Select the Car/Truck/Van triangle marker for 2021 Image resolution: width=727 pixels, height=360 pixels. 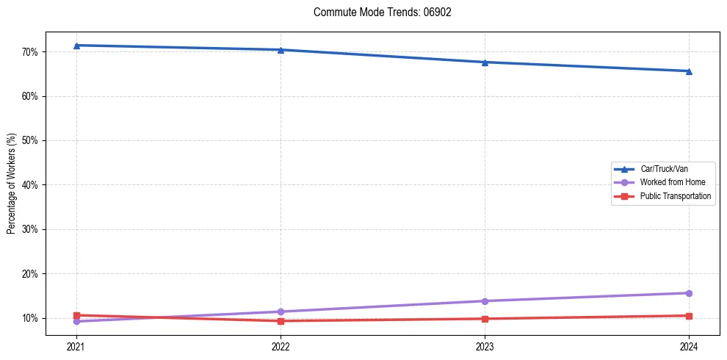(76, 46)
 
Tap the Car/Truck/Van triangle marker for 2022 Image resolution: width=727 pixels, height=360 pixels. (281, 50)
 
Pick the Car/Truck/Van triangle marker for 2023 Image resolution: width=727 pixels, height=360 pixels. (485, 62)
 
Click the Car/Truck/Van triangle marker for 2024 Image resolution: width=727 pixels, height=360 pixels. (689, 71)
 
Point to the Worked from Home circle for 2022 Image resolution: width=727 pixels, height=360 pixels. (281, 312)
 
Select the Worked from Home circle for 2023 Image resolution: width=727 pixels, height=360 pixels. (485, 301)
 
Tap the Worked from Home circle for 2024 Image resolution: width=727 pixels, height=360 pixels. (689, 293)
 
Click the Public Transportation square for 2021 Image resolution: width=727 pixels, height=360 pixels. (76, 315)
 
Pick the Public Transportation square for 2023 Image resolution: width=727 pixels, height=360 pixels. (485, 319)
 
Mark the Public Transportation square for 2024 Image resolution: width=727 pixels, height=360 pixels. (689, 316)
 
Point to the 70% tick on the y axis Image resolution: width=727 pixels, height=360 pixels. (34, 52)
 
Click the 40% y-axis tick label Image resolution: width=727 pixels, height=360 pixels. (34, 185)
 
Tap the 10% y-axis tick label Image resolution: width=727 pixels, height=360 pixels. (34, 318)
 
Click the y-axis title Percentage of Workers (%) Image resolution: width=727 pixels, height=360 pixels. (12, 184)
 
